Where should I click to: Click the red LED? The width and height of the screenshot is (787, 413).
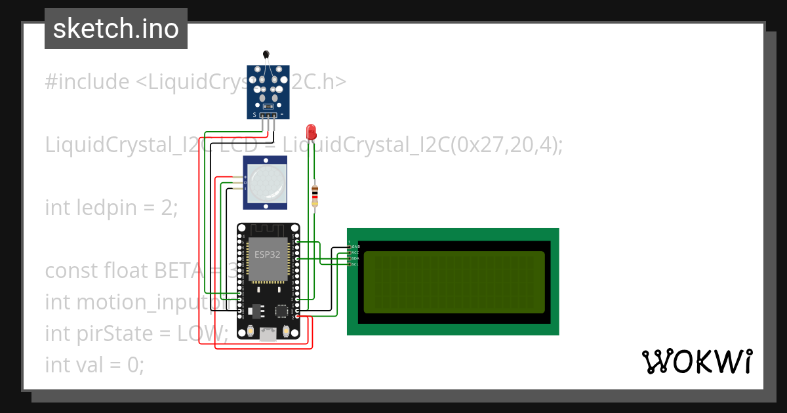coord(311,131)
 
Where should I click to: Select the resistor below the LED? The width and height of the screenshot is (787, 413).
coord(315,195)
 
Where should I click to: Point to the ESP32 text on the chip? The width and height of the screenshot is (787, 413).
coord(267,255)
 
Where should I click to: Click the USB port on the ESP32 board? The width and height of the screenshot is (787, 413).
coord(268,334)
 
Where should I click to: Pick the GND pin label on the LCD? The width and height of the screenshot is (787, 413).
coord(355,246)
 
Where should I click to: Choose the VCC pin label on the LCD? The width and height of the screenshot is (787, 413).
coord(355,252)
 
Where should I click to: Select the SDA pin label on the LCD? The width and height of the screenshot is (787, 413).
coord(355,258)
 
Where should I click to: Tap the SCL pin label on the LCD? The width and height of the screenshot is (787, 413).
coord(355,264)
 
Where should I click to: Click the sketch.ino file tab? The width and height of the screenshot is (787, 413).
coord(116,29)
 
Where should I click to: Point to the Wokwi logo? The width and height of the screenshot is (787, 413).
coord(696,361)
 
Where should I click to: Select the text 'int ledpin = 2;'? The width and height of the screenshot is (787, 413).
coord(111,208)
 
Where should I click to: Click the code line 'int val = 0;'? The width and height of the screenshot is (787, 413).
coord(94,364)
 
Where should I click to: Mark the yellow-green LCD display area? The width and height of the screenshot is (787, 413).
coord(453,282)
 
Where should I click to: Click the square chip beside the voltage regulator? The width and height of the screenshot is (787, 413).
coord(283,311)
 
